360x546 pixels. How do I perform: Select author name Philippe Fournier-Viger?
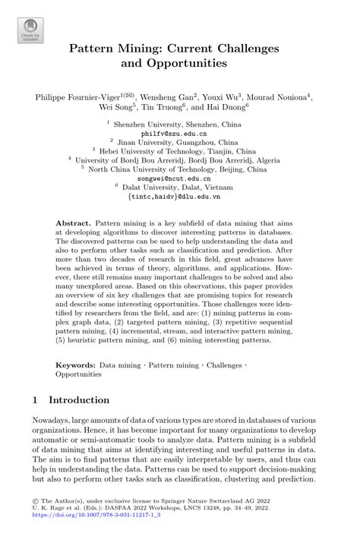point(79,97)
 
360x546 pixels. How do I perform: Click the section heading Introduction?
point(80,399)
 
